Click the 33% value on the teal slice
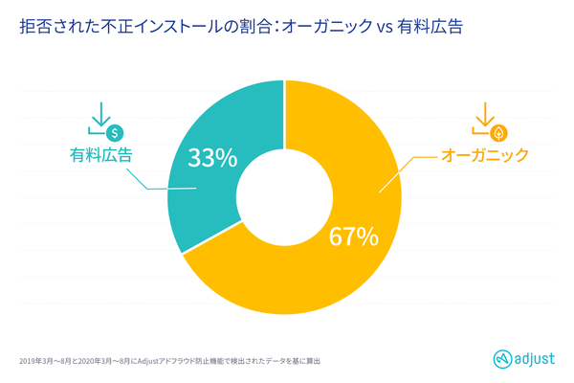click(x=211, y=158)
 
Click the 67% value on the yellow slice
click(x=354, y=236)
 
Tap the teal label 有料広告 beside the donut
click(x=100, y=153)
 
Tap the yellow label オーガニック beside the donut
click(x=484, y=154)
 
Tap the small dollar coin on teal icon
click(x=113, y=130)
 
